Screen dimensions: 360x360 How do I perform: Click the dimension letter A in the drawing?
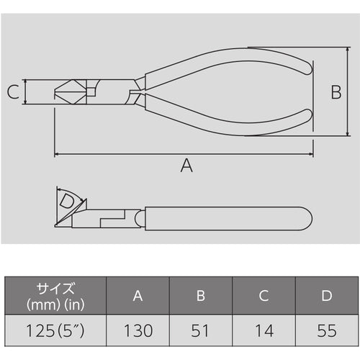coord(186,166)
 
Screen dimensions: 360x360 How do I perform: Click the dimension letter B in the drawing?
coord(335,91)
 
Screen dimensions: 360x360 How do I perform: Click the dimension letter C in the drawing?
coord(12,92)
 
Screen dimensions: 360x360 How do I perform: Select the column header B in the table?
coord(201,295)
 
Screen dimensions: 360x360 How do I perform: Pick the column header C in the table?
coord(264,295)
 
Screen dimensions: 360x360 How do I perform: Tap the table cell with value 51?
coord(201,332)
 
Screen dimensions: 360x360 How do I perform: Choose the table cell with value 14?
coord(264,332)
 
